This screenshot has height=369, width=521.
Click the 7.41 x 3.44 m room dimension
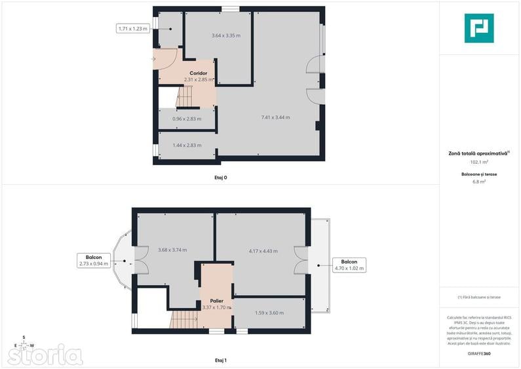click(275, 117)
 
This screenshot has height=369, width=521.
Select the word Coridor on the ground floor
click(199, 73)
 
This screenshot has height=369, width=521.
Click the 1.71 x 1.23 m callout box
click(133, 28)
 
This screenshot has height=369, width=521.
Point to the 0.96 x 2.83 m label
click(186, 119)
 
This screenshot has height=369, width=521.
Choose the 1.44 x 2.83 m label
click(187, 146)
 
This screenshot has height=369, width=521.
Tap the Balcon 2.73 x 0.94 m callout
click(93, 260)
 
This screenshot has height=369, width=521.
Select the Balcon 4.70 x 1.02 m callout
click(349, 265)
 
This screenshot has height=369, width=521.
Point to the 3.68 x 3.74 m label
click(172, 250)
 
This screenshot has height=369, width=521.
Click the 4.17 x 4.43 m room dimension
click(263, 251)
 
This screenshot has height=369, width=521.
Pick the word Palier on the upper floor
click(217, 301)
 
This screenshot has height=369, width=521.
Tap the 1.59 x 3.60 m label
click(269, 313)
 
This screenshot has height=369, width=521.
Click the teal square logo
click(478, 28)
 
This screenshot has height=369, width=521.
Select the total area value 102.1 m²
click(478, 161)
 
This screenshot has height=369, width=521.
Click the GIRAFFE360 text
click(478, 354)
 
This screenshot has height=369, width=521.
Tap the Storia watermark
click(46, 356)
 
